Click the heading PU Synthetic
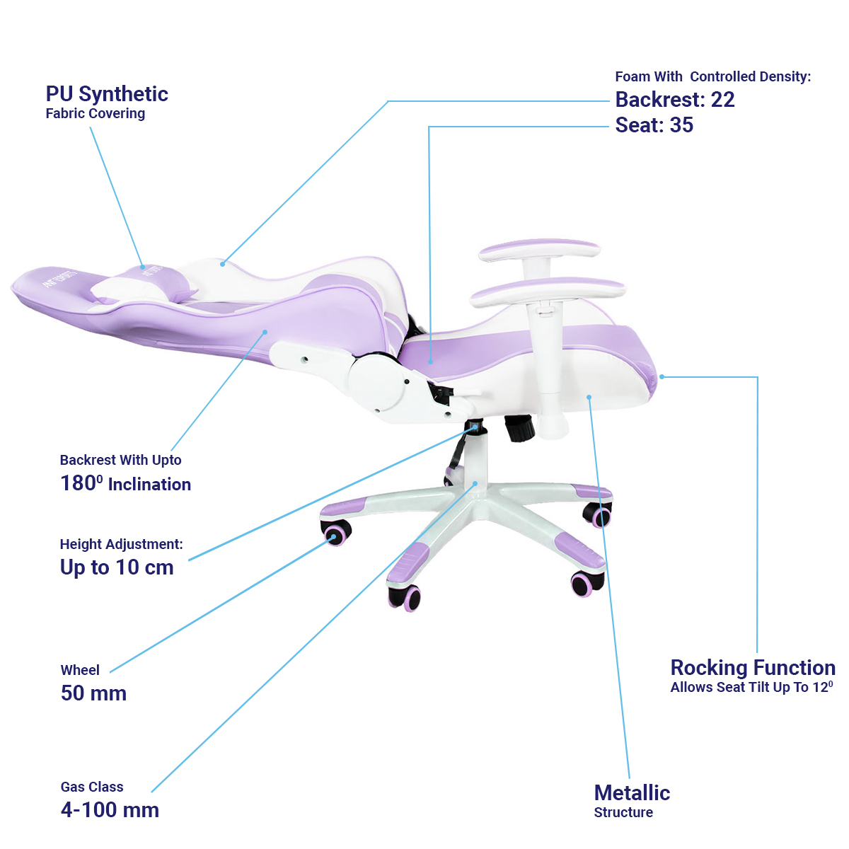click(x=107, y=94)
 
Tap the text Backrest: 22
click(x=675, y=100)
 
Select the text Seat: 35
click(x=654, y=125)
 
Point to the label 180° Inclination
click(x=126, y=484)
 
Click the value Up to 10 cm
click(x=117, y=567)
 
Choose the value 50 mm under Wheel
click(x=93, y=693)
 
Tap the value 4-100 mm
click(x=110, y=810)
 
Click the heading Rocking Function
click(x=753, y=668)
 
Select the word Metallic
click(x=632, y=793)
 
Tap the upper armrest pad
click(x=539, y=250)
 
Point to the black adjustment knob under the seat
click(x=520, y=428)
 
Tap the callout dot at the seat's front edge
click(x=662, y=377)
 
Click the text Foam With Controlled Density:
click(x=712, y=77)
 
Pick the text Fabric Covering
click(x=96, y=114)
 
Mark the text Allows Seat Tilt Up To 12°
click(x=751, y=688)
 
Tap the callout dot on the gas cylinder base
click(x=475, y=484)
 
